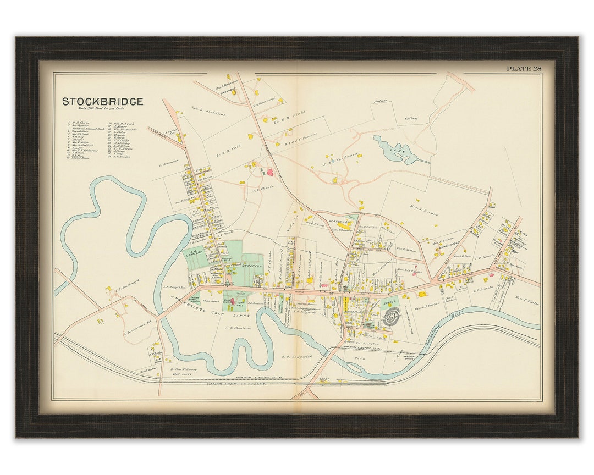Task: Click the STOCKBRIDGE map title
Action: [x=102, y=102]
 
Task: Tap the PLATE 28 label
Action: [x=525, y=69]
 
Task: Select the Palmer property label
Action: [x=381, y=101]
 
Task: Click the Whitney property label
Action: [x=411, y=118]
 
